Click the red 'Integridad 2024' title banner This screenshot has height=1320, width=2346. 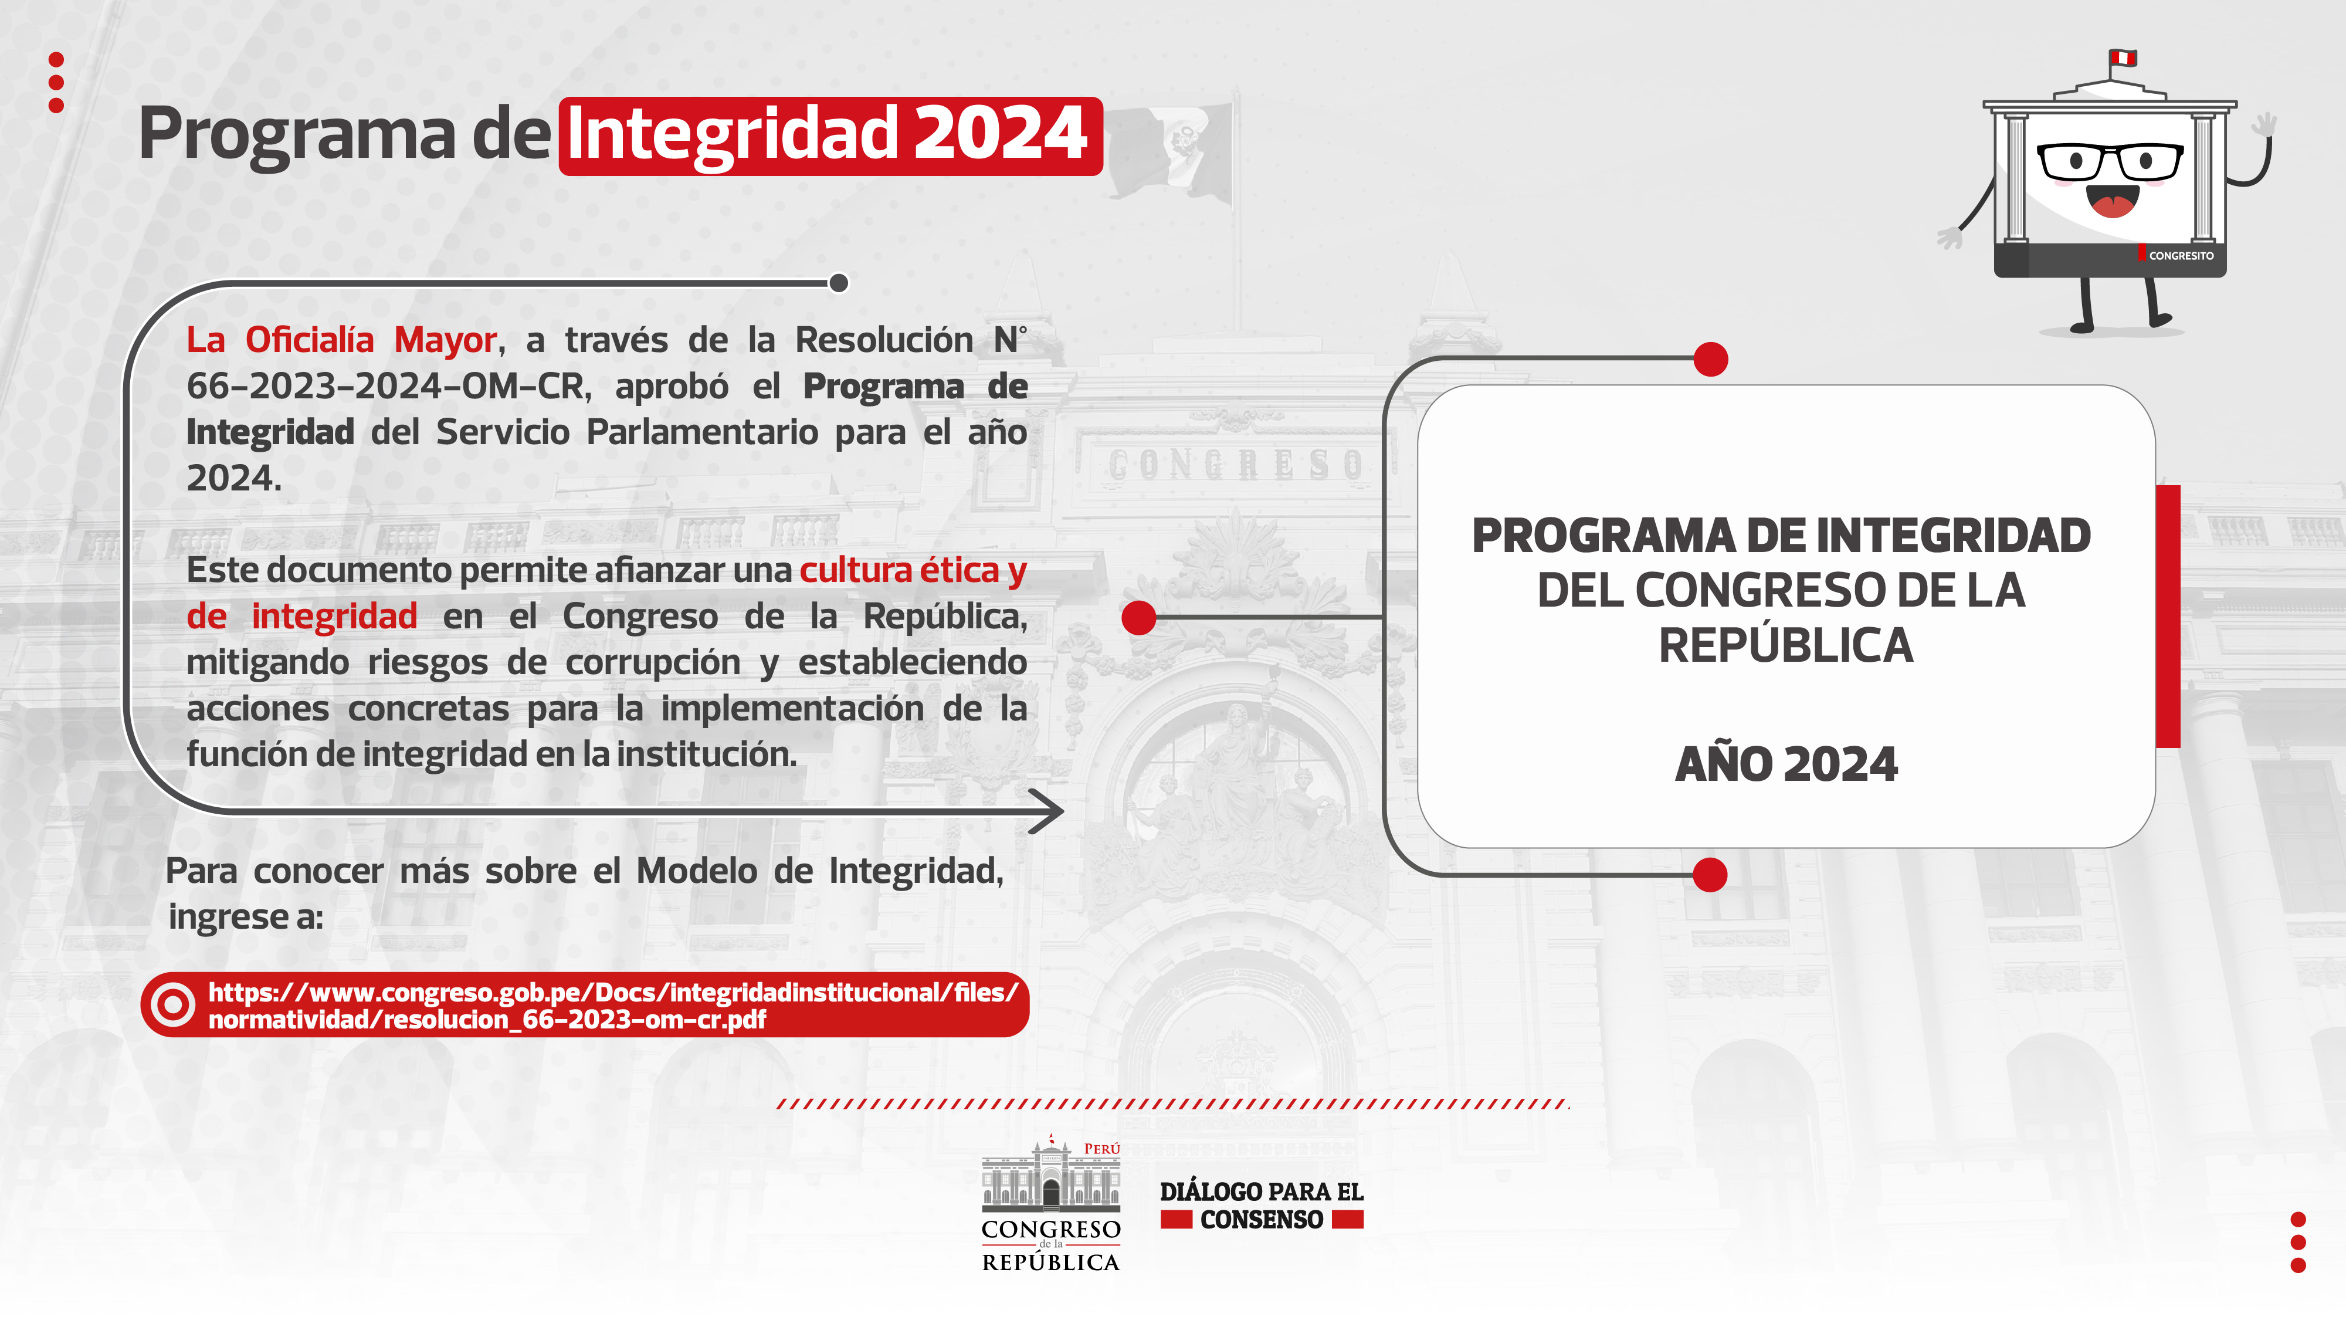click(x=830, y=136)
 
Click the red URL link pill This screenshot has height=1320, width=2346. click(x=585, y=1005)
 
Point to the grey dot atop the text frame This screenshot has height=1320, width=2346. click(x=839, y=283)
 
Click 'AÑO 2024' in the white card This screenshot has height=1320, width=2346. click(x=1786, y=763)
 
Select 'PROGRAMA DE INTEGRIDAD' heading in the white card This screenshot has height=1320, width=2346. click(x=1781, y=536)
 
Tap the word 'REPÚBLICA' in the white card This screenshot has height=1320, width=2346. click(x=1786, y=646)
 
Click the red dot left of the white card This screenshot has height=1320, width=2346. click(x=1138, y=618)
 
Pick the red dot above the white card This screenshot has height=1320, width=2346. click(x=1710, y=359)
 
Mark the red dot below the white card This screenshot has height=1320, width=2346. click(x=1710, y=875)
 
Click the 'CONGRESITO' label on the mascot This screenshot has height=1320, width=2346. click(x=2180, y=256)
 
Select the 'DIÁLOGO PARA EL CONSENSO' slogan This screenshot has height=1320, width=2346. click(x=1262, y=1205)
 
